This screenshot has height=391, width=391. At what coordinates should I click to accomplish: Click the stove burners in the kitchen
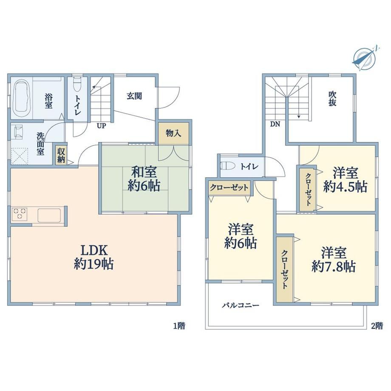pos(20,214)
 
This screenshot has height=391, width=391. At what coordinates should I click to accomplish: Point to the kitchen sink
pos(49,215)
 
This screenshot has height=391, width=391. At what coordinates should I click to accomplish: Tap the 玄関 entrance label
pos(134,96)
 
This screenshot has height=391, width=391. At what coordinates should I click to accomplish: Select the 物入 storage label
pos(173,133)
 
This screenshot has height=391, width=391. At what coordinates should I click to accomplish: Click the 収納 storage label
pos(61,155)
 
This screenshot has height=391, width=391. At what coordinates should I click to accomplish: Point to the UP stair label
pos(102,126)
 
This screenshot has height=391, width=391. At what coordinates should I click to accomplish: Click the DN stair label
pos(275,124)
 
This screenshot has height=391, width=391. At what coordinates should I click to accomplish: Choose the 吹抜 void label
pos(332,99)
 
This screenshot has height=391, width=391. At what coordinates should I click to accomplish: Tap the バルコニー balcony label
pos(241,305)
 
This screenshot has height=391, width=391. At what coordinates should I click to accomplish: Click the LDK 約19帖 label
pos(94,257)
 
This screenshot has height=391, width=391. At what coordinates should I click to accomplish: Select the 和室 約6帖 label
pos(144,179)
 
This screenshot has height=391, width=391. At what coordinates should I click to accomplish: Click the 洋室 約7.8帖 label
pos(334,260)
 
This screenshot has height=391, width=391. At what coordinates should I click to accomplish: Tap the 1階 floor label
pos(179,326)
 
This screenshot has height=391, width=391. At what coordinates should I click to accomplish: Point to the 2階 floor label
pos(377,326)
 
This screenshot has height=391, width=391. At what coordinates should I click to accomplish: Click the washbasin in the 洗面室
pos(18,131)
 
